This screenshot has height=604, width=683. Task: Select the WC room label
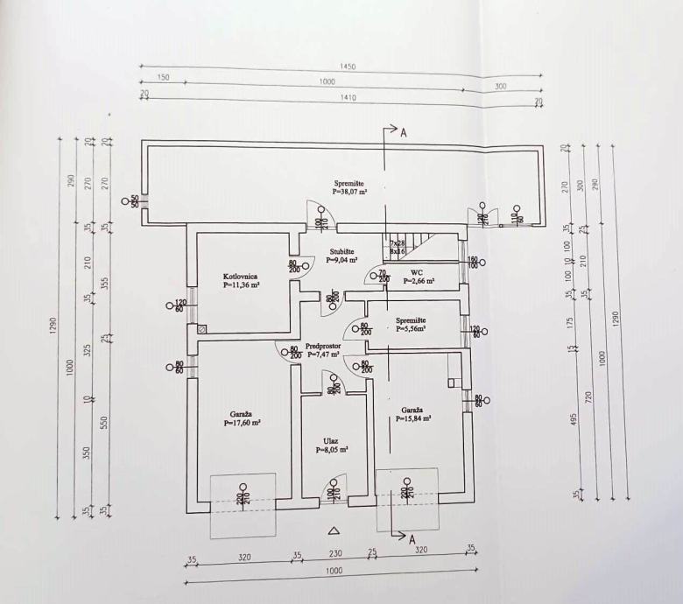coord(417,272)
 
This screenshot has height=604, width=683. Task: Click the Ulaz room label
coord(332,440)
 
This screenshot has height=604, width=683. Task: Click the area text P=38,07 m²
coord(349,191)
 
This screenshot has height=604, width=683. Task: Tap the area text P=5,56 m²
coord(411,329)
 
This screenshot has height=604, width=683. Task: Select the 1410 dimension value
coord(347,98)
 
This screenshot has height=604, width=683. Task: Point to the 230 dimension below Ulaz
coord(334,554)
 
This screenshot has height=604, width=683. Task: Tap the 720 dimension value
coord(588,399)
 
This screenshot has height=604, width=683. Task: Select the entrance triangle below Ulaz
coord(332,530)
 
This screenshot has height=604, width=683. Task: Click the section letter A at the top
coord(403,133)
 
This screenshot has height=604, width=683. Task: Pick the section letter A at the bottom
coord(412,540)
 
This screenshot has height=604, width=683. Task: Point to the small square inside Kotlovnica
coord(203,329)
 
